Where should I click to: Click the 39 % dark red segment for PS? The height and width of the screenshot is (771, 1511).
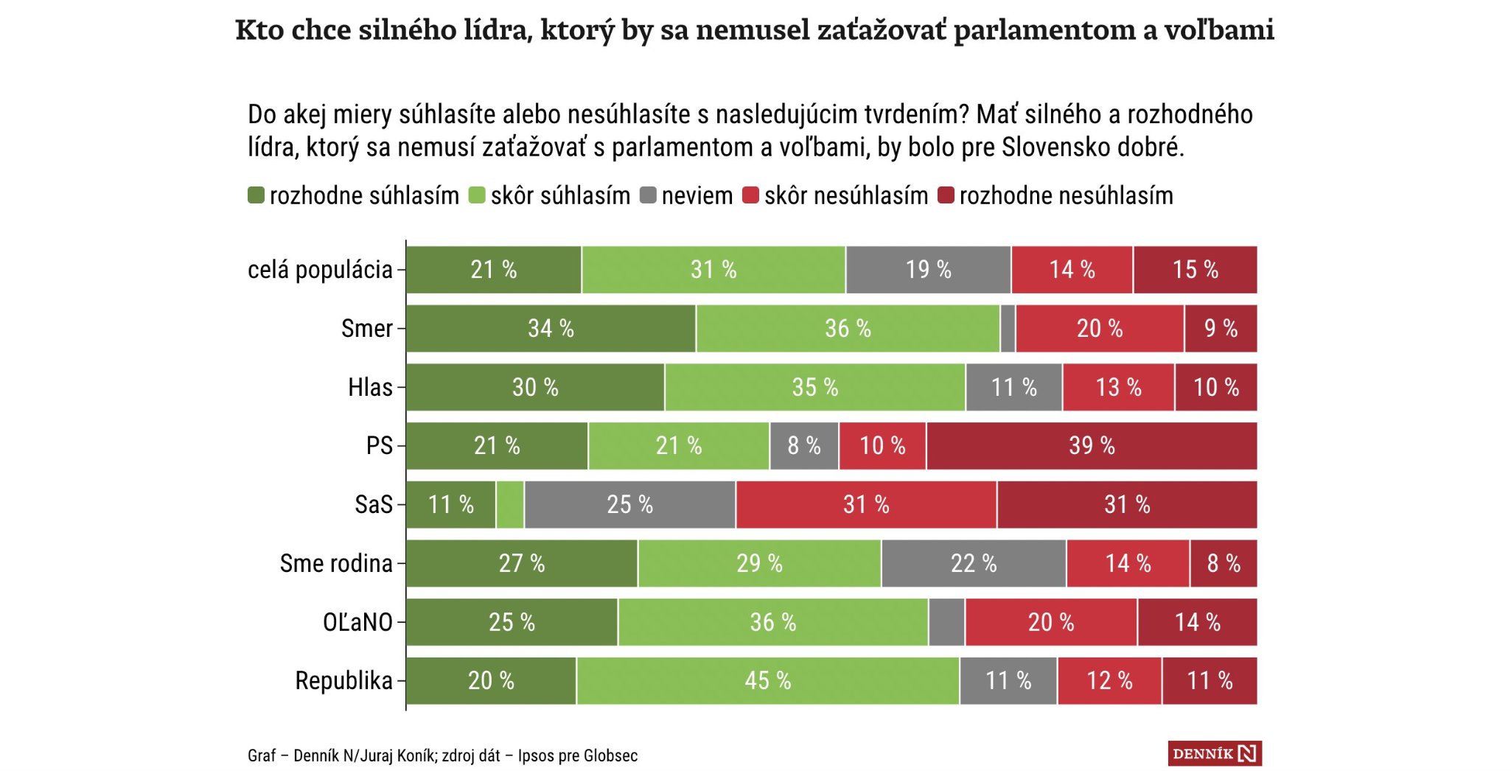[x=1092, y=446]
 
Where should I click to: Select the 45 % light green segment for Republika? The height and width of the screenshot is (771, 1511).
[x=768, y=680]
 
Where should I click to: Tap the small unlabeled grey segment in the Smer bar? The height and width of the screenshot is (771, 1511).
[x=1008, y=329]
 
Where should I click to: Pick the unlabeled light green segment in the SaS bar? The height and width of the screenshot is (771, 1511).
[x=510, y=505]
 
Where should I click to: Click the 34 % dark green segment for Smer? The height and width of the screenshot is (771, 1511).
[x=551, y=329]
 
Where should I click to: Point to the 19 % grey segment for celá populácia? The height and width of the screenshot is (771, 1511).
[x=928, y=270]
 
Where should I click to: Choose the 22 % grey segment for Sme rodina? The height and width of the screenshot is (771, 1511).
[x=973, y=564]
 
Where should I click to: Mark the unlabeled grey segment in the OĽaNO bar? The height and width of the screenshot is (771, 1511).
[x=946, y=622]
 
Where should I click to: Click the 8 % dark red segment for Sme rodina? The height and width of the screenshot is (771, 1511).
[x=1223, y=564]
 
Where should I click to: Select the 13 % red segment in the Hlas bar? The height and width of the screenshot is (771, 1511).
[x=1118, y=388]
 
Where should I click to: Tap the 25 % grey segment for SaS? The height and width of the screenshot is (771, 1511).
[x=629, y=505]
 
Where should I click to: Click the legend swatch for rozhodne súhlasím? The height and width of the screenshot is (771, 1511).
[x=256, y=195]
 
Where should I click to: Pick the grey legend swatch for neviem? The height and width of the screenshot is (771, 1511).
[x=648, y=195]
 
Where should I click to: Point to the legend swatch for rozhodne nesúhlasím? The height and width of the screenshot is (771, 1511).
[x=946, y=195]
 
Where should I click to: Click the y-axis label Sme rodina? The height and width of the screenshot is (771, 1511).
[x=336, y=564]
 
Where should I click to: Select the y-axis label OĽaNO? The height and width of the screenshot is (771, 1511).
[x=357, y=622]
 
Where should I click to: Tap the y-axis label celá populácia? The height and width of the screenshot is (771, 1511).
[x=320, y=270]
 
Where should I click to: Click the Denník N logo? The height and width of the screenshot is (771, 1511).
[x=1214, y=753]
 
